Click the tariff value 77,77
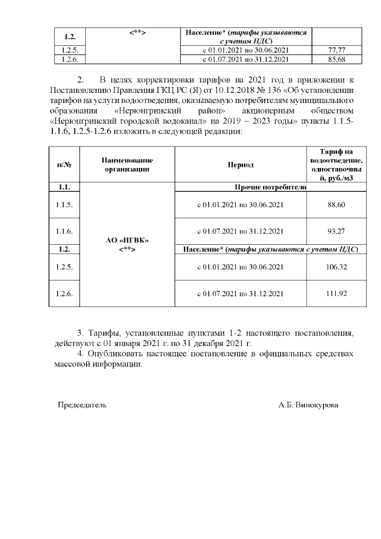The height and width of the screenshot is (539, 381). [x=337, y=51]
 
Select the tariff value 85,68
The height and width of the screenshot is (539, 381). [x=337, y=59]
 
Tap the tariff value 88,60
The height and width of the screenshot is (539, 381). [x=336, y=205]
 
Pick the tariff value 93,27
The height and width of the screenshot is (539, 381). [x=336, y=231]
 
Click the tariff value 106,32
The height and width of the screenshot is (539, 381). [x=336, y=267]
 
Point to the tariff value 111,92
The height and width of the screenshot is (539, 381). [x=336, y=294]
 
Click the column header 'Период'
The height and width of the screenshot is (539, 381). [x=240, y=164]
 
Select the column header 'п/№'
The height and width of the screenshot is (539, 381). [x=64, y=164]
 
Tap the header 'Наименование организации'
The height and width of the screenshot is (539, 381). [x=127, y=164]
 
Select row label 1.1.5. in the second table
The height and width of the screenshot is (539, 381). [x=64, y=205]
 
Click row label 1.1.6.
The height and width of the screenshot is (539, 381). [x=64, y=231]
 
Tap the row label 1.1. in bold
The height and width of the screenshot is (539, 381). [x=64, y=187]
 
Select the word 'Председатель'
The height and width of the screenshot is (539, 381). [x=82, y=405]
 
